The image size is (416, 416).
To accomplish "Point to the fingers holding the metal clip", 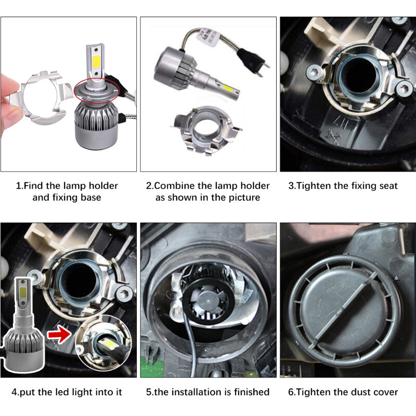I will point(10,96).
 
